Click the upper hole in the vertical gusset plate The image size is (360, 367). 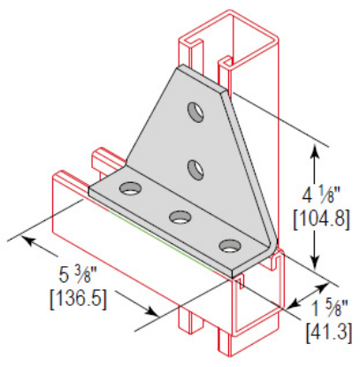tap(194, 111)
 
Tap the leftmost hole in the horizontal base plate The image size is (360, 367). tap(132, 188)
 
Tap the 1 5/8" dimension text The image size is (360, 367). tap(329, 308)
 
